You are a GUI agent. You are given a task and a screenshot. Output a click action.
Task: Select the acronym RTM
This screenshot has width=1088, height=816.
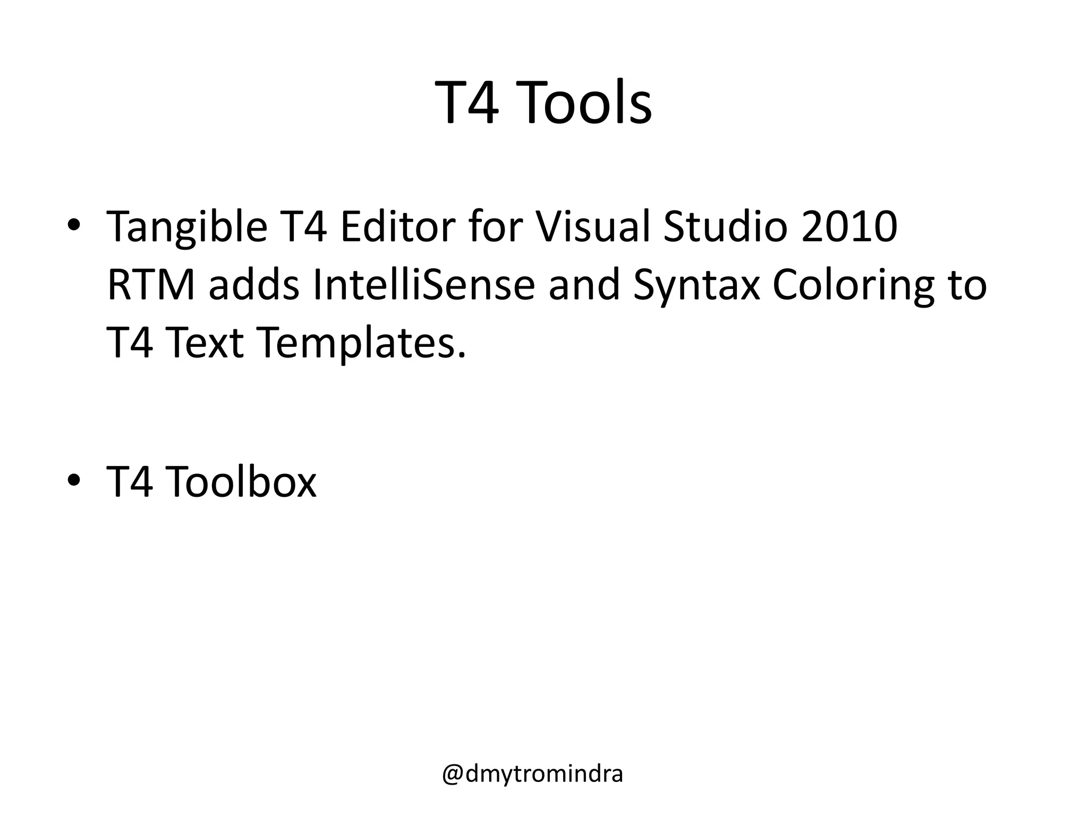point(150,285)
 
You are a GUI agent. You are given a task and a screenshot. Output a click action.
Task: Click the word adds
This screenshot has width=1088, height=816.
point(254,285)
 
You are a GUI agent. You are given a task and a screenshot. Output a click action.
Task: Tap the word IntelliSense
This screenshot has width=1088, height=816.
point(423,285)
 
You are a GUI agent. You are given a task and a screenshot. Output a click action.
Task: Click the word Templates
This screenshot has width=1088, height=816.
point(363,343)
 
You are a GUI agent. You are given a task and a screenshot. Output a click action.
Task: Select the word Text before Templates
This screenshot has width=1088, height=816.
point(206,343)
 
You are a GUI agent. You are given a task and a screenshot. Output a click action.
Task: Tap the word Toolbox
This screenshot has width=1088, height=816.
point(241,481)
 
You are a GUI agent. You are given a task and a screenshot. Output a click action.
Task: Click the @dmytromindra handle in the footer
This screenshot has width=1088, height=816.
point(532,775)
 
